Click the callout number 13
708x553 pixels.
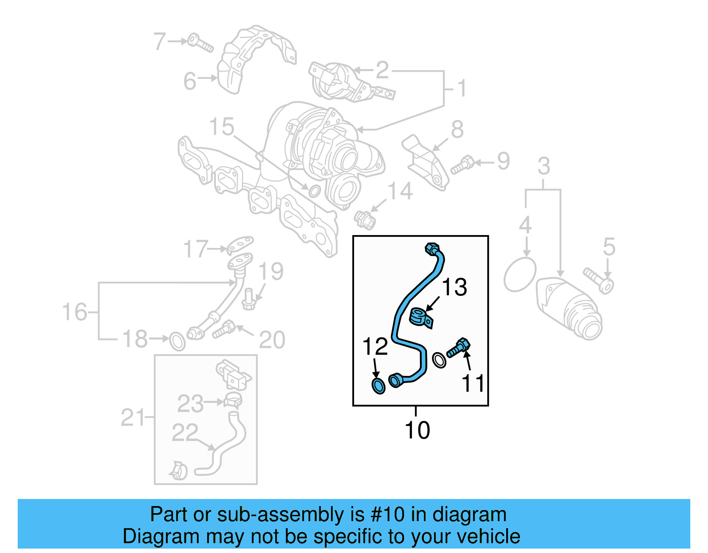(x=454, y=287)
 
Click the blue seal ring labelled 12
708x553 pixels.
(x=378, y=386)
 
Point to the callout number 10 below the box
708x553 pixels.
(x=417, y=430)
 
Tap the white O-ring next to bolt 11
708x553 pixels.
(x=439, y=360)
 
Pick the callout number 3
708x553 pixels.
(x=544, y=166)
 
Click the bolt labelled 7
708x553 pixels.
(x=200, y=43)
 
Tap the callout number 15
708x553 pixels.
(x=221, y=127)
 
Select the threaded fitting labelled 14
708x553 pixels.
(x=366, y=220)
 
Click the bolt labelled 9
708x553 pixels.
(x=462, y=165)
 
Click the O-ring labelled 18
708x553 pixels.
(x=177, y=341)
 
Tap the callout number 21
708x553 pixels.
(x=133, y=418)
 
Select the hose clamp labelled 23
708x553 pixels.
(x=232, y=400)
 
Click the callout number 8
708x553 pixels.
(x=457, y=130)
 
